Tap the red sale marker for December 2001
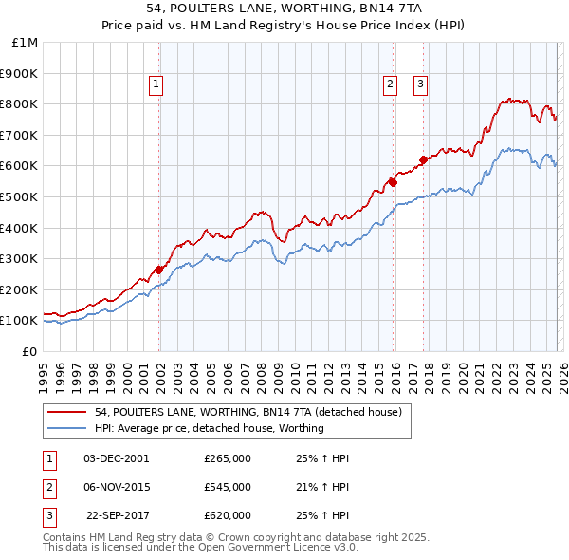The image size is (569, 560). coord(159,270)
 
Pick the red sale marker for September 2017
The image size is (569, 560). coord(423,159)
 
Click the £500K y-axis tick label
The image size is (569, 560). coord(21,196)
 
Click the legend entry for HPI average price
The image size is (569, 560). coord(210,428)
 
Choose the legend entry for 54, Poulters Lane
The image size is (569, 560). coord(248,412)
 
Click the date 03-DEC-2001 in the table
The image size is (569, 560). coord(116,458)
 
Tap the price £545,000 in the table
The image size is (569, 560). coord(227,487)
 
